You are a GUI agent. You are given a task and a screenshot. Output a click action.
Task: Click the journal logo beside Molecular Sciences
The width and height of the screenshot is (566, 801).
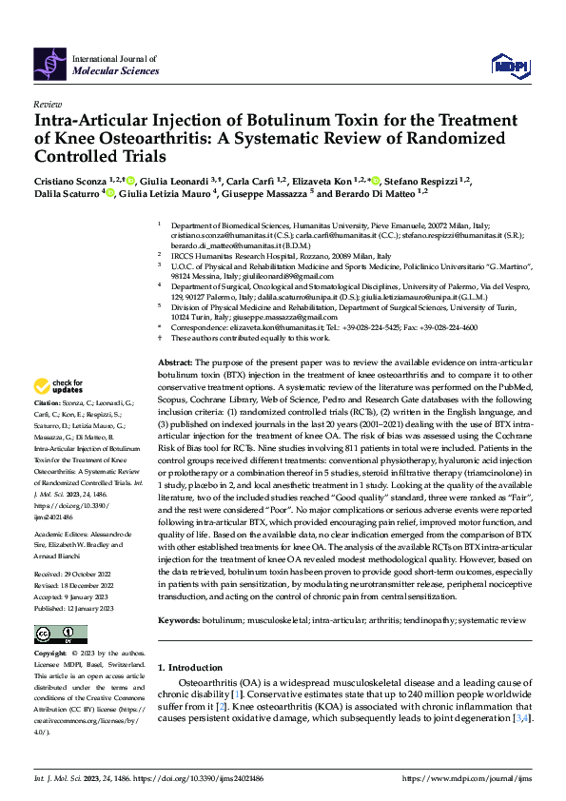(50, 64)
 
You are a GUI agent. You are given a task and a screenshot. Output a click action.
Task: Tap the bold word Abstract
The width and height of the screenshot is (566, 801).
(175, 364)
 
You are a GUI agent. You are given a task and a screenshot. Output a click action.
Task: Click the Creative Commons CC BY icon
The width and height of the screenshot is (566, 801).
(54, 635)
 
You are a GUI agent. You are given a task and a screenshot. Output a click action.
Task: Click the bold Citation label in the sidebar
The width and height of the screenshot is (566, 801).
(50, 431)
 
